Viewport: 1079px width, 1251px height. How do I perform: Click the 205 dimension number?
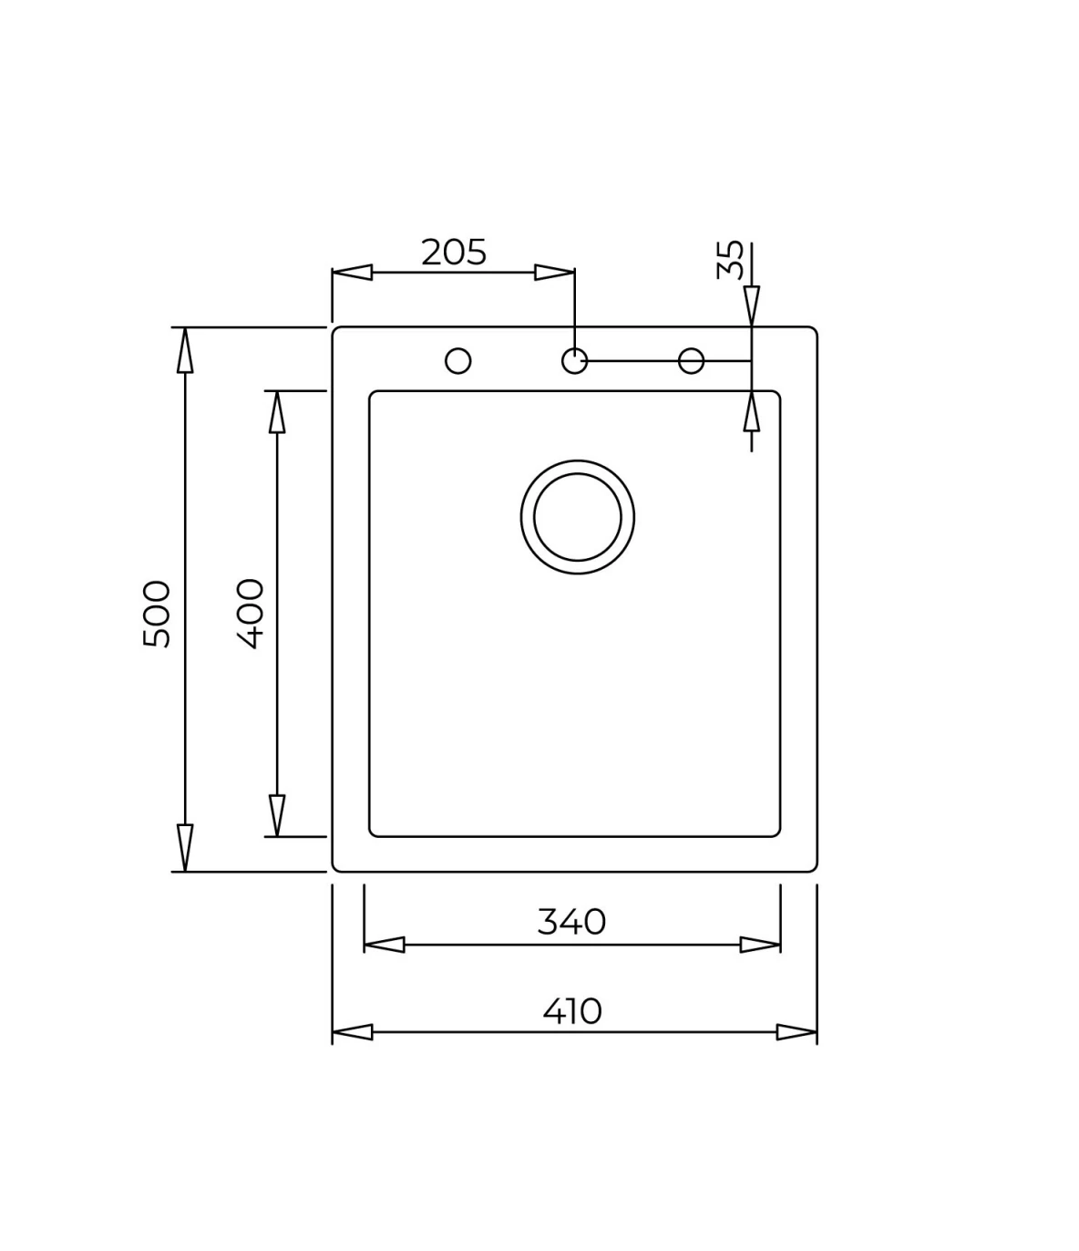[x=454, y=252]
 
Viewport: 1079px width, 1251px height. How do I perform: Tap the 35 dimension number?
[x=730, y=260]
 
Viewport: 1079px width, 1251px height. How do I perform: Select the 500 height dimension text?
[x=157, y=614]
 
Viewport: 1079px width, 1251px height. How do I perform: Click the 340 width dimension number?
[x=571, y=922]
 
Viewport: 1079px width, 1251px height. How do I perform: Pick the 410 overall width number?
[x=572, y=1010]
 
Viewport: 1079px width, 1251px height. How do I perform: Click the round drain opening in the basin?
[x=578, y=517]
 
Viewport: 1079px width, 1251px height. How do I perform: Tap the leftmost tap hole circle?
[x=458, y=361]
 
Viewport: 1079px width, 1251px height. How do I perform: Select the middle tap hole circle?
[x=574, y=361]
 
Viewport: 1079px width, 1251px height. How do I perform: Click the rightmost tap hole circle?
[x=692, y=361]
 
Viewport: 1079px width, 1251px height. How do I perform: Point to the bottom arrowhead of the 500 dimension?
[x=185, y=848]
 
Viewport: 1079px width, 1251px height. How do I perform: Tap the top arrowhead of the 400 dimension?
[x=277, y=412]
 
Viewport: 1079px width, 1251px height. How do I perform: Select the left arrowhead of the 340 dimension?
[x=384, y=945]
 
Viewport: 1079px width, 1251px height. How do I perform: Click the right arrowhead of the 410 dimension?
[x=796, y=1032]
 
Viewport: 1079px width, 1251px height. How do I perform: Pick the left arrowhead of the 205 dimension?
[x=352, y=272]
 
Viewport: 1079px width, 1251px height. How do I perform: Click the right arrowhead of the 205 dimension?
[x=554, y=272]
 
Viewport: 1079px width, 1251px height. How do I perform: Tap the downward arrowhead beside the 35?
[x=751, y=305]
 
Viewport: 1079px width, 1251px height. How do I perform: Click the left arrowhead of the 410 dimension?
[x=352, y=1032]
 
